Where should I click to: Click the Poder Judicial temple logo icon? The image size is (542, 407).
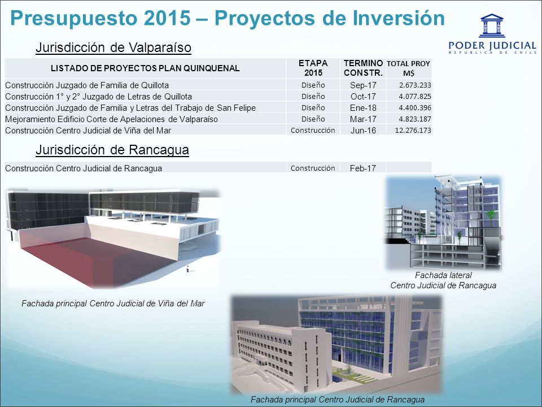tap(492, 25)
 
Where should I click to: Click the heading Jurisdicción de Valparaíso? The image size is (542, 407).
tap(113, 47)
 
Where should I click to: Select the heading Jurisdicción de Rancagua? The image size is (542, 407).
tap(112, 150)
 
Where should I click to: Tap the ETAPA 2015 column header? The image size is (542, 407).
tap(313, 68)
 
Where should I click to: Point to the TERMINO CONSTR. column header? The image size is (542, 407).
tap(363, 68)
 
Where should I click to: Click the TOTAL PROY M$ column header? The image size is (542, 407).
tap(408, 68)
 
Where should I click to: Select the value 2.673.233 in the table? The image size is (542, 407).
tap(415, 85)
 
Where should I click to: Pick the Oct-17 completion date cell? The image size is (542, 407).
tap(363, 97)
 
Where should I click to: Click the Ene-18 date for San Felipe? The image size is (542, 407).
tap(363, 108)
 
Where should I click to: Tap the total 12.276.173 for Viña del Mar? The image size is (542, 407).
tap(413, 131)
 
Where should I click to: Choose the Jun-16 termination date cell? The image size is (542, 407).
tap(363, 131)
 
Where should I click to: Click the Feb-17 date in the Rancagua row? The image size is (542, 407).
tap(362, 168)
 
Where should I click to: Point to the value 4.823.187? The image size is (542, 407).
tap(415, 119)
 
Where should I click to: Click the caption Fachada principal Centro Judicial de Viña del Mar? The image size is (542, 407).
tap(113, 304)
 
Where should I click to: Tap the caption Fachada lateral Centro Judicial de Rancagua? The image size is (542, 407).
tap(443, 280)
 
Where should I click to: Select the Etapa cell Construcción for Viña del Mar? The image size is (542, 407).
tap(313, 131)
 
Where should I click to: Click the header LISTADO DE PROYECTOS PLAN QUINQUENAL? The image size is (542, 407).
tap(145, 68)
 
